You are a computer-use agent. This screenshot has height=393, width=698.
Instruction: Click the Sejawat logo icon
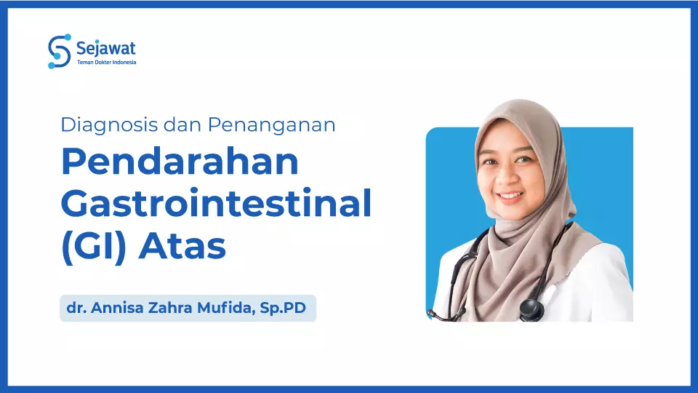coord(59,51)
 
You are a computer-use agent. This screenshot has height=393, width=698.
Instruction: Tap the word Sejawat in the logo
coord(105,49)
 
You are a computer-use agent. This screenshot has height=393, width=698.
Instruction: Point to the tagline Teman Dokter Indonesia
coord(106,63)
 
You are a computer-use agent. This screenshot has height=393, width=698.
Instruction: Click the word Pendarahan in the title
coord(180,162)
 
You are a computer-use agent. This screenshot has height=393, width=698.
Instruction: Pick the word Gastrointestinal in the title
coord(216,204)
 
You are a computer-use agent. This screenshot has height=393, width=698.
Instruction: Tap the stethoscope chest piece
coord(530,309)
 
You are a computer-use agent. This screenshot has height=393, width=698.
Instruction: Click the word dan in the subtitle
coord(181,124)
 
